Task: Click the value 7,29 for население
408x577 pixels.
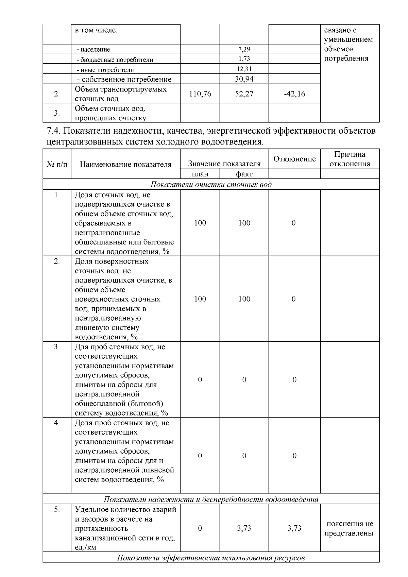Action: click(244, 49)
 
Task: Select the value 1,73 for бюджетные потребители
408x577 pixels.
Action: click(244, 59)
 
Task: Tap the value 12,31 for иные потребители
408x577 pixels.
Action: click(244, 69)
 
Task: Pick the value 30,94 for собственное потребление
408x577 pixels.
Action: click(244, 79)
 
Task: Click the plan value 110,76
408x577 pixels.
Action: click(200, 94)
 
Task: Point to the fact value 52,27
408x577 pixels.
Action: click(244, 94)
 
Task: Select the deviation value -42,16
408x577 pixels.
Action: click(294, 94)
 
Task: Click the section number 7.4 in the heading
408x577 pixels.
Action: click(53, 131)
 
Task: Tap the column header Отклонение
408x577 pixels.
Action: click(294, 159)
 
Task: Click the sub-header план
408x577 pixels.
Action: click(200, 174)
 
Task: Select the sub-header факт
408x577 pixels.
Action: click(244, 174)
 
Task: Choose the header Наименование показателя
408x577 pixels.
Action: click(125, 165)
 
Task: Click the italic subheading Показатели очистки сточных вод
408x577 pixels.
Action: click(211, 185)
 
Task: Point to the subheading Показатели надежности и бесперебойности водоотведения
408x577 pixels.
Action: click(211, 499)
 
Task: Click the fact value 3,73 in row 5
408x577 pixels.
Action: click(244, 528)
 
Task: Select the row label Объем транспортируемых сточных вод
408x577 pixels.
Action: click(121, 94)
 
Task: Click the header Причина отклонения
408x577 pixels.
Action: click(350, 159)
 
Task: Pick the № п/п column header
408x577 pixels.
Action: click(57, 165)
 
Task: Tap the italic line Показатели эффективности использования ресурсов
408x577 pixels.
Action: click(211, 558)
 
